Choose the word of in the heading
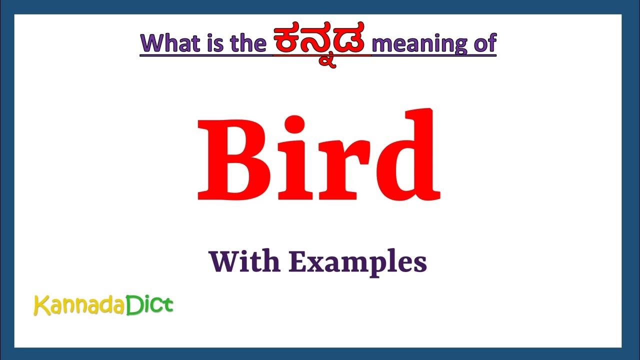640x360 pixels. click(x=483, y=44)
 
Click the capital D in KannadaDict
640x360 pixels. click(x=132, y=304)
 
